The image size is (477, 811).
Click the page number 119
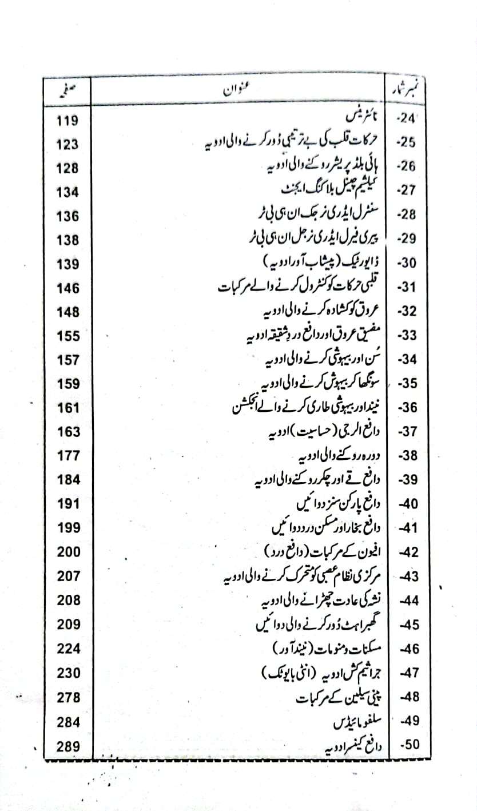coord(68,121)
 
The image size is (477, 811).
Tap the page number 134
coord(68,193)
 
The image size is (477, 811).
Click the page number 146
coord(68,289)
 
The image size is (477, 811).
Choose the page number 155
coord(68,336)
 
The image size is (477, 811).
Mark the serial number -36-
coord(407,408)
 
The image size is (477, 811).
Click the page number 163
coord(68,432)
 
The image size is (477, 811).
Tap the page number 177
coord(68,456)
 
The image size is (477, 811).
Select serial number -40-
coord(407,504)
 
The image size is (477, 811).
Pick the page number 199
coord(68,528)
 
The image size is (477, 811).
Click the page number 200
coord(68,552)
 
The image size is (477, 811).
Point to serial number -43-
coord(407,577)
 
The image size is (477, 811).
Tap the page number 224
coord(68,649)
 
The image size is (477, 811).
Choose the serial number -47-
coord(407,673)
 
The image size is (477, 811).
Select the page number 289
coord(68,746)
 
